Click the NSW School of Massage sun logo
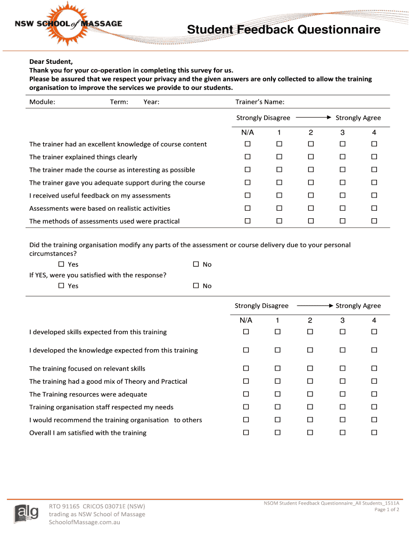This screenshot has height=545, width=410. [x=71, y=23]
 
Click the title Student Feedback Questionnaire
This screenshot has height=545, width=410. [x=283, y=30]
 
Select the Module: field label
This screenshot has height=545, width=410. [x=42, y=102]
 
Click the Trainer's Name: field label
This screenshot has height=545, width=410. [x=260, y=102]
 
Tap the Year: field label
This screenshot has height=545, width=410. [x=151, y=102]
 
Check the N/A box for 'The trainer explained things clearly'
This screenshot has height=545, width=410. [x=247, y=157]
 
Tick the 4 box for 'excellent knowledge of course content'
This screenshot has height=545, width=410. [x=374, y=144]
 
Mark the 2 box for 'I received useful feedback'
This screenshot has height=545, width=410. [x=310, y=195]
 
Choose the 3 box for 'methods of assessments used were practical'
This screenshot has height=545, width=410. [x=342, y=221]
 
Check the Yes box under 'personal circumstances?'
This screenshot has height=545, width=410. [x=61, y=265]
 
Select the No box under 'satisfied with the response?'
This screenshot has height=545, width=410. [x=196, y=286]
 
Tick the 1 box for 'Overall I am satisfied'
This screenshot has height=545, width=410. [x=277, y=433]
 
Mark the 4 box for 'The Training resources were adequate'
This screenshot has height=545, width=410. [x=374, y=394]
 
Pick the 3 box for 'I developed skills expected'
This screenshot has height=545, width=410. [x=342, y=332]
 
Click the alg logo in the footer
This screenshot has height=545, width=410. [x=26, y=513]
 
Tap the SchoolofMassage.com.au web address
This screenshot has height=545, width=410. [x=84, y=522]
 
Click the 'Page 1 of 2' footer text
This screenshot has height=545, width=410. [x=387, y=509]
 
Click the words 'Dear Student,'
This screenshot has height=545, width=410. [x=51, y=62]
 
